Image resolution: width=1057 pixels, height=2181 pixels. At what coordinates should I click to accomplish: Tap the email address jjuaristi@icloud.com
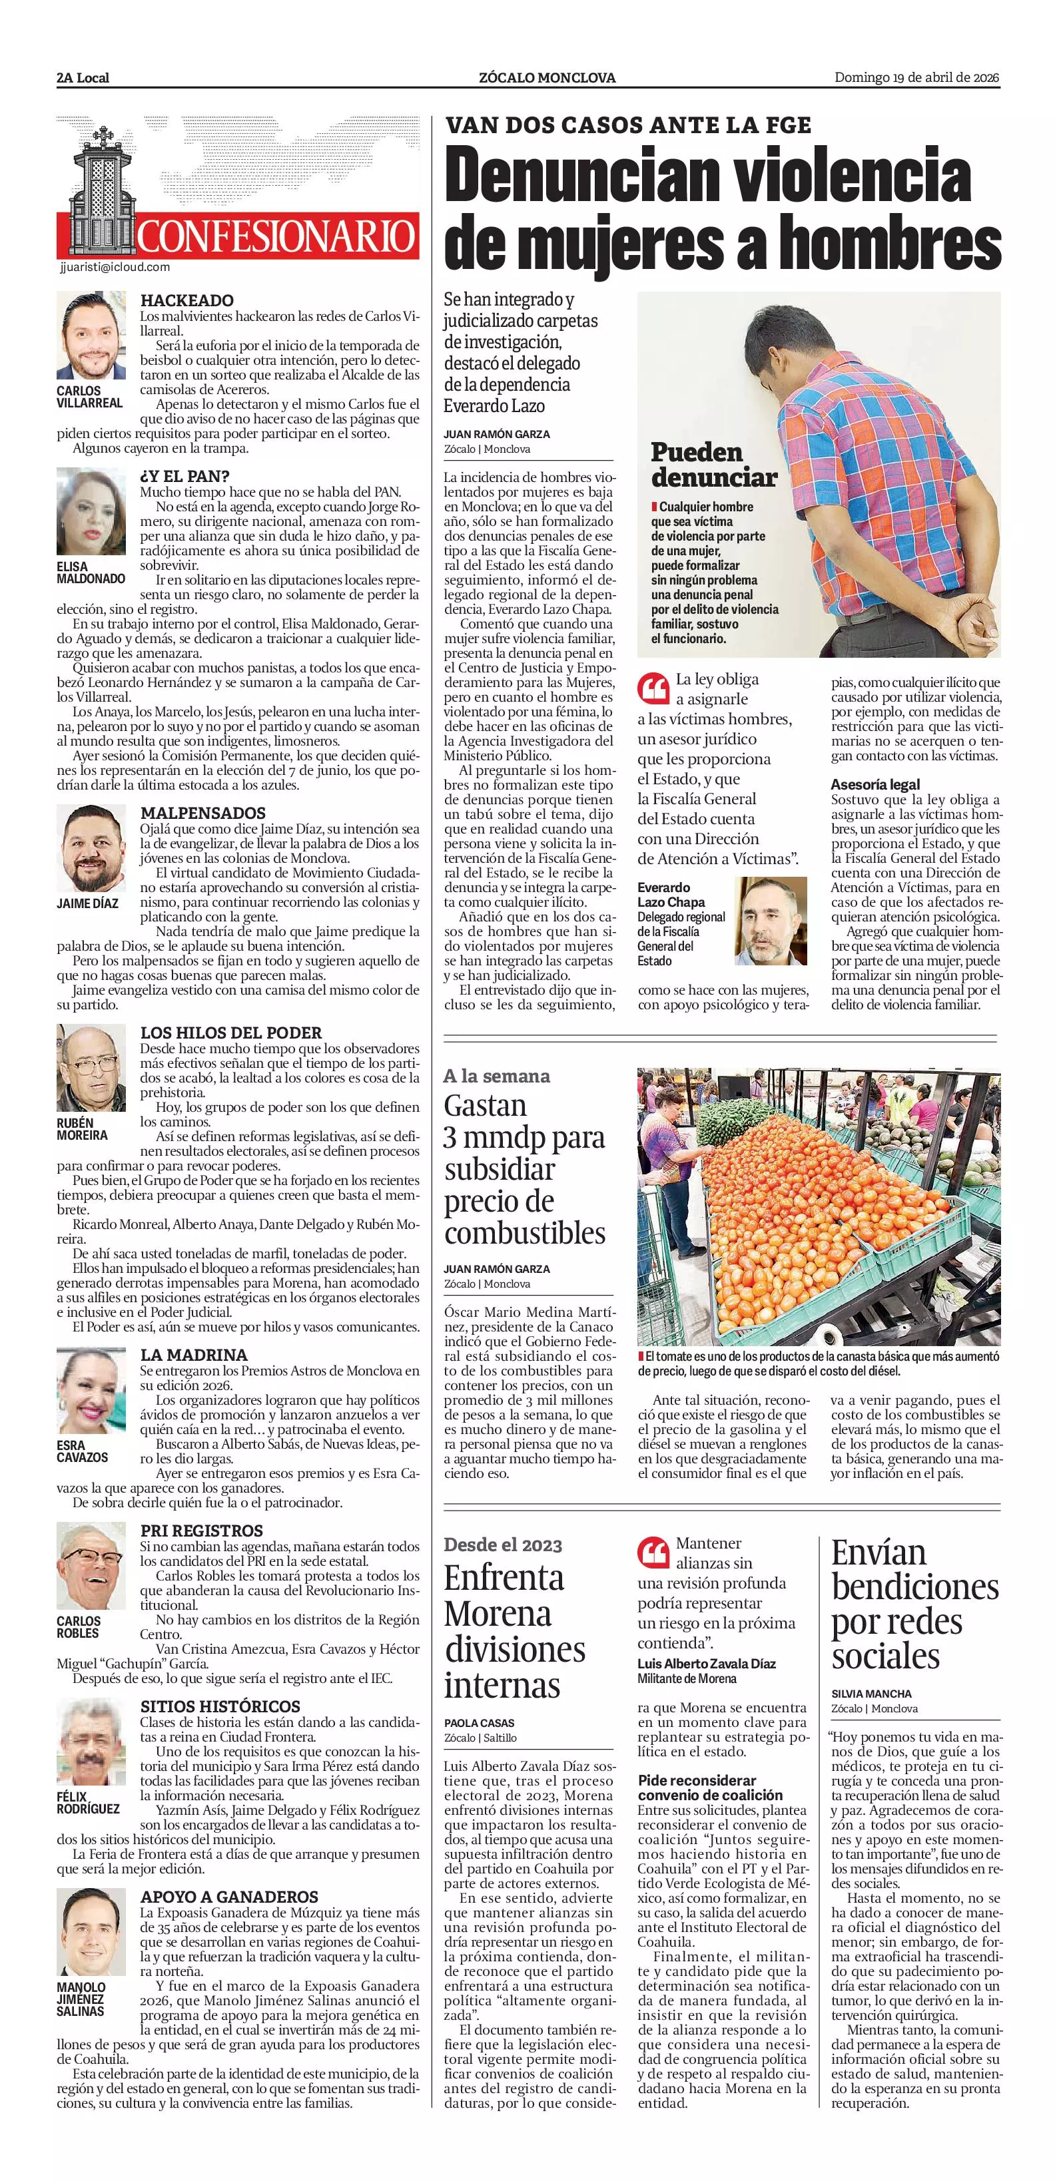coord(115,267)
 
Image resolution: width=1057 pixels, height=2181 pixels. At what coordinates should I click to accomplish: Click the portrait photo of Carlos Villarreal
coord(91,336)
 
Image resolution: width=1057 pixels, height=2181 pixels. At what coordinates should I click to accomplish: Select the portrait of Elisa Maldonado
coord(91,511)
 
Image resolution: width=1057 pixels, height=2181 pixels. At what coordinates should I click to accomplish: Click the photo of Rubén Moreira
coord(91,1068)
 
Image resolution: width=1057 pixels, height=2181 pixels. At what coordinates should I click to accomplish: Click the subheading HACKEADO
coord(186,300)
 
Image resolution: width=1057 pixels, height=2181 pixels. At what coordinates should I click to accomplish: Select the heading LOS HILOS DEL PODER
coord(231,1033)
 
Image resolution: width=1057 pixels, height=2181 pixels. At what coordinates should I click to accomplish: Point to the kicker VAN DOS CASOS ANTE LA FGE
coord(627,126)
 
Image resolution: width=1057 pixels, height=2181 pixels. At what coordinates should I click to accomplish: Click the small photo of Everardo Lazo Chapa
coord(771,920)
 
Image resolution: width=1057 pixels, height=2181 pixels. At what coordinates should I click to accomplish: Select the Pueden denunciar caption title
coord(713,465)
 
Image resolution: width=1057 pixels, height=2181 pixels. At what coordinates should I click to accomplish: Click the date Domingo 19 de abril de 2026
coord(916,78)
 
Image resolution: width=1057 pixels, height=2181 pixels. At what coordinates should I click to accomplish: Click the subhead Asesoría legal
coord(875,784)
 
